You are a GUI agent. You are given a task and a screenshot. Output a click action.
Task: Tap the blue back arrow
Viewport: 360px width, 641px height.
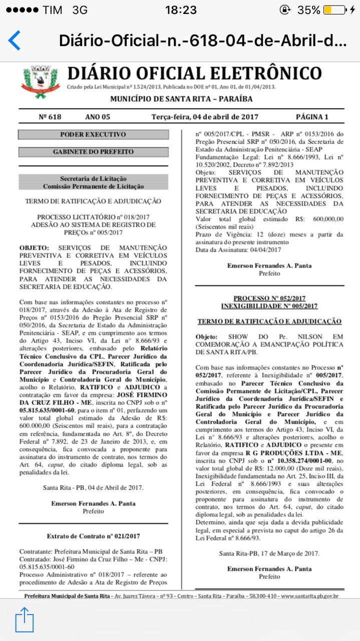(x=15, y=40)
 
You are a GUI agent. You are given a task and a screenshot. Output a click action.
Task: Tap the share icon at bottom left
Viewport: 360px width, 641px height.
(x=24, y=619)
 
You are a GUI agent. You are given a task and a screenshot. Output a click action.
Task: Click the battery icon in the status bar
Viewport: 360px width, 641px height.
(x=334, y=10)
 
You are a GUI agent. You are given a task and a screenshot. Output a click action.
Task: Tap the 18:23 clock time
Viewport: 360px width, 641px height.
(x=180, y=10)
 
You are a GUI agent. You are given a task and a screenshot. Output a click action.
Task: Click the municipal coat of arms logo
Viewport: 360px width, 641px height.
(x=41, y=82)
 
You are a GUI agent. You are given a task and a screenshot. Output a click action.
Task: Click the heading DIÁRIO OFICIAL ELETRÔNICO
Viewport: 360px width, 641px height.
(x=194, y=73)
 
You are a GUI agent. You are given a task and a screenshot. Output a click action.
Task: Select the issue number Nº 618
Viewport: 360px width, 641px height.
(x=50, y=117)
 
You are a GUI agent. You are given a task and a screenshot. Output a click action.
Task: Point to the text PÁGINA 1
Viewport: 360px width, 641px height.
(x=312, y=117)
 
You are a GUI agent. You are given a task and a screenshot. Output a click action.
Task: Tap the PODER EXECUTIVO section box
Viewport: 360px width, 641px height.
(x=93, y=134)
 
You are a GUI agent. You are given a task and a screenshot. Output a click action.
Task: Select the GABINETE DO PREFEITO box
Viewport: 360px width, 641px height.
(x=93, y=152)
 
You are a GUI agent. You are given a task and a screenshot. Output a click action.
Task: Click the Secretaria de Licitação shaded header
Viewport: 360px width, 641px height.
(x=93, y=182)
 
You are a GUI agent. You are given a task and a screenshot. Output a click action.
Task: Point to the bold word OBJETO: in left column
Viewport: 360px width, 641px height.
(x=34, y=248)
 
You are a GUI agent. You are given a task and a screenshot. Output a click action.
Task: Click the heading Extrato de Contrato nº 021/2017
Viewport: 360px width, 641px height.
(x=93, y=536)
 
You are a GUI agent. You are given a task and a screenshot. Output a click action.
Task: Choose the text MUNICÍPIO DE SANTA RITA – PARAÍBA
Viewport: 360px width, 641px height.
(x=181, y=99)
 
